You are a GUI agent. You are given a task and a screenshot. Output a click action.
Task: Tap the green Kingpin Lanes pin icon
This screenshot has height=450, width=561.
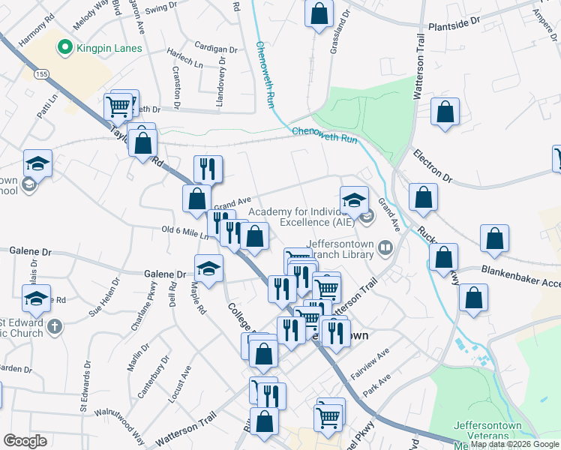click(64, 49)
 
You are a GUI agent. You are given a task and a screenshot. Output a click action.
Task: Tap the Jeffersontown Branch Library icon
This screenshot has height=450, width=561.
click(385, 247)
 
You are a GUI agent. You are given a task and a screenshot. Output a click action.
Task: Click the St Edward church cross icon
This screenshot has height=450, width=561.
click(53, 326)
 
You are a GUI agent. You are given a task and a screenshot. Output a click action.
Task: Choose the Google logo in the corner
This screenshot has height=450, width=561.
click(25, 441)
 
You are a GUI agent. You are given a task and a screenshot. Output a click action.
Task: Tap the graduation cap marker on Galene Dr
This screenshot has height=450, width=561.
click(208, 267)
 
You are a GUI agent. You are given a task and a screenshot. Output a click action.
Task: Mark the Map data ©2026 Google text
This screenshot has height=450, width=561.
click(514, 444)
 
